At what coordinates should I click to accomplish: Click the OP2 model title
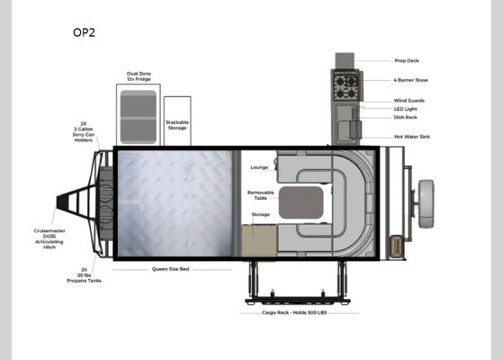pos(84,32)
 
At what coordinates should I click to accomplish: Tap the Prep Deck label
pos(406,61)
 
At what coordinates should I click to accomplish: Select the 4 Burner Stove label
pos(410,79)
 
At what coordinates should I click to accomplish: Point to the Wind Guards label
pos(409,100)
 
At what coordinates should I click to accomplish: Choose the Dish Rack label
pos(406,118)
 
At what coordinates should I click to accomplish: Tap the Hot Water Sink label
pos(411,137)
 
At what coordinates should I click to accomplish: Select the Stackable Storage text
pos(176,125)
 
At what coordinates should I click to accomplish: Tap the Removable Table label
pos(260,195)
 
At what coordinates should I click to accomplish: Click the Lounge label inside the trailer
pos(259,167)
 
